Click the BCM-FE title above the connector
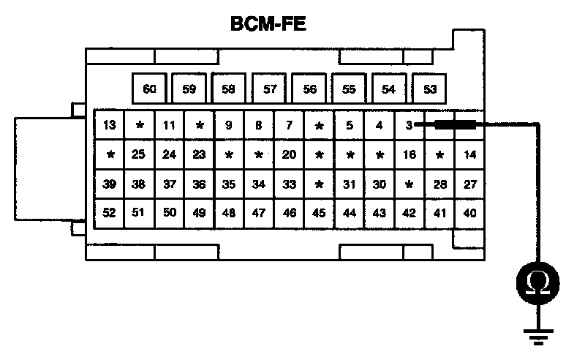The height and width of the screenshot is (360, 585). pyautogui.click(x=268, y=23)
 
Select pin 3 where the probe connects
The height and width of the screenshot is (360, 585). pyautogui.click(x=408, y=125)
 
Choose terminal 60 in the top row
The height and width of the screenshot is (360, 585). pyautogui.click(x=149, y=89)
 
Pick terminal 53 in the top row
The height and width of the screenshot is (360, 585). pyautogui.click(x=429, y=89)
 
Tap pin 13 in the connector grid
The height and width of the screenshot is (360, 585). pyautogui.click(x=109, y=125)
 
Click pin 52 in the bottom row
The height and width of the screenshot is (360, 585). pyautogui.click(x=109, y=213)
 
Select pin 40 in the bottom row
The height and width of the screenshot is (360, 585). pyautogui.click(x=469, y=213)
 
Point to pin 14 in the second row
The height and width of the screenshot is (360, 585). pyautogui.click(x=469, y=154)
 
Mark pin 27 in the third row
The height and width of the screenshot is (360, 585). pyautogui.click(x=469, y=184)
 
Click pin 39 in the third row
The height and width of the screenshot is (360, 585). pyautogui.click(x=109, y=184)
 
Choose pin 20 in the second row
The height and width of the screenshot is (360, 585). pyautogui.click(x=289, y=154)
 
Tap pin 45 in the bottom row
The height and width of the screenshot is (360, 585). pyautogui.click(x=319, y=213)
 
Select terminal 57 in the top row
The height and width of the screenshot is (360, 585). pyautogui.click(x=269, y=89)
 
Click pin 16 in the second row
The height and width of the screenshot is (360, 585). pyautogui.click(x=409, y=154)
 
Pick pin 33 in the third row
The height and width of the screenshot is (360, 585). pyautogui.click(x=289, y=184)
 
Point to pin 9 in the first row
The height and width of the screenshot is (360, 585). pyautogui.click(x=229, y=125)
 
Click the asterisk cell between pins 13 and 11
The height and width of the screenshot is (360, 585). pyautogui.click(x=139, y=125)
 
